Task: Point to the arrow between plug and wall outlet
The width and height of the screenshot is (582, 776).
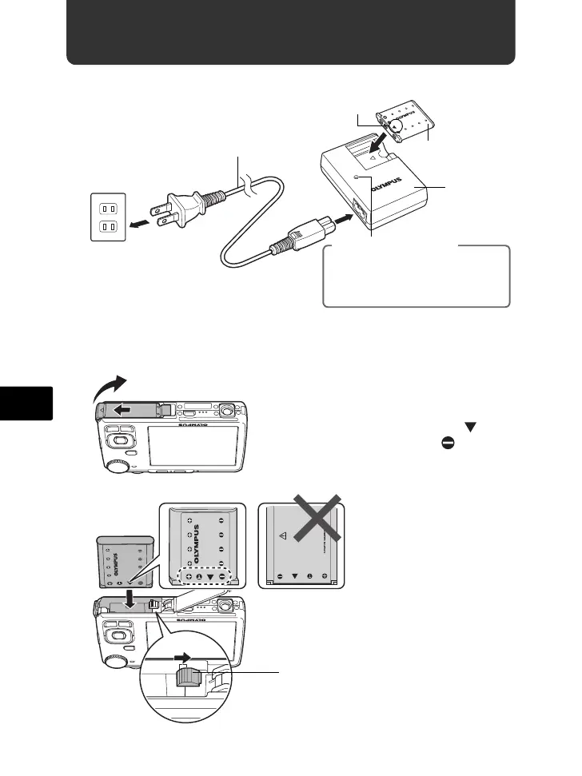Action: point(142,224)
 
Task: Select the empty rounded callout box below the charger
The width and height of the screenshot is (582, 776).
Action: point(416,277)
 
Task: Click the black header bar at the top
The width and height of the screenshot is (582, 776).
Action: point(290,33)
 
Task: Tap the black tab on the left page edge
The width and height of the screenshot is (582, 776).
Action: point(26,403)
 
